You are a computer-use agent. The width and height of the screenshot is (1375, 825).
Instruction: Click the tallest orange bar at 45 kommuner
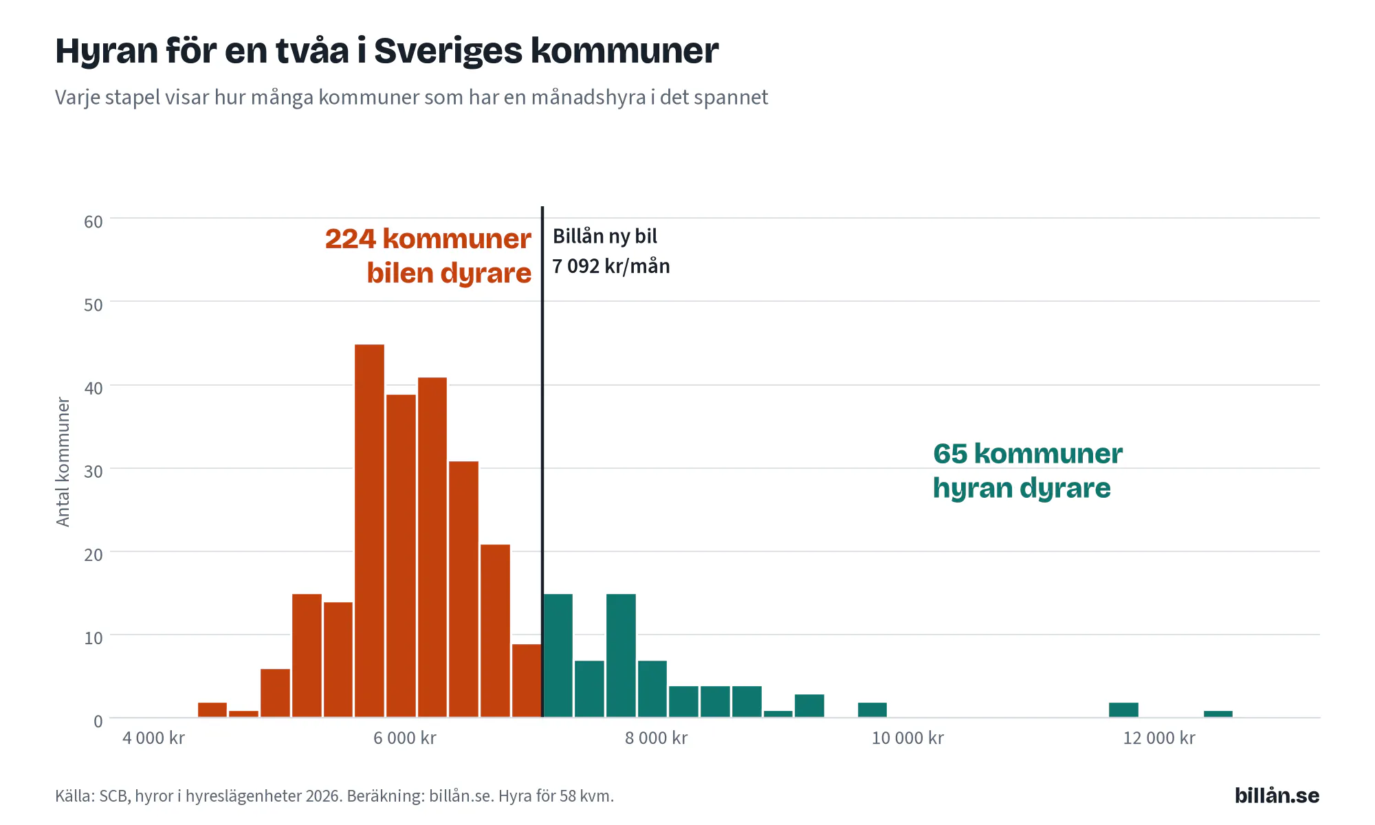tap(369, 531)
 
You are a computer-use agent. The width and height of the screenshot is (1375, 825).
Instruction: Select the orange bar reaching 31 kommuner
tap(464, 589)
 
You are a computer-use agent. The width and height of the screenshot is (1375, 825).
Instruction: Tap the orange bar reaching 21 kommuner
tap(496, 631)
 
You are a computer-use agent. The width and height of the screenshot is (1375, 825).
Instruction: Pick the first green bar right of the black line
tap(558, 656)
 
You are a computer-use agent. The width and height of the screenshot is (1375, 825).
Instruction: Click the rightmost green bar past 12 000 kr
tap(1218, 714)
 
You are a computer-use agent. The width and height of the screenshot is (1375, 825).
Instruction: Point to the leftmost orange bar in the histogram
tap(212, 710)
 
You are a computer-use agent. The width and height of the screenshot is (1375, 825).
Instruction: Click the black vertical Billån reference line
tap(542, 462)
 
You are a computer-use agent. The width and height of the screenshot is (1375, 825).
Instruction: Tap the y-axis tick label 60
tap(93, 221)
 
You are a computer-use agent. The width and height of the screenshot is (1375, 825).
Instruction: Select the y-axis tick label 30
tap(93, 471)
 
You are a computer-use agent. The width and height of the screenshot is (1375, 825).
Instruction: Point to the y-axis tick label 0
tap(98, 721)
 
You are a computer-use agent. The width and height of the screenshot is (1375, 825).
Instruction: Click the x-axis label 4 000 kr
tap(153, 738)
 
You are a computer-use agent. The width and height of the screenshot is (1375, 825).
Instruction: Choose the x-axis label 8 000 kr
tap(656, 738)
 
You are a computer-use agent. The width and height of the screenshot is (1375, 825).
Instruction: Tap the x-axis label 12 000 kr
tap(1159, 738)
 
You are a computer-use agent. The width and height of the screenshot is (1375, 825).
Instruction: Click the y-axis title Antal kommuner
tap(63, 462)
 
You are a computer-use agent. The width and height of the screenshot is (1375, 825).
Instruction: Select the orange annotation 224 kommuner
tap(428, 239)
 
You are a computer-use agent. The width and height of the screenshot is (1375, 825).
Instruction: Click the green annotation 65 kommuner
tap(1028, 454)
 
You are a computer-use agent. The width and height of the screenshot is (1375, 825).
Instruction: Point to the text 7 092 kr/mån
tap(611, 266)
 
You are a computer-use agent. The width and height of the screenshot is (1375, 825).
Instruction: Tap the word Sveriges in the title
tap(448, 51)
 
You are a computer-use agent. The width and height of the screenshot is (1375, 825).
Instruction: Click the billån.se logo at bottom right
tap(1277, 795)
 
